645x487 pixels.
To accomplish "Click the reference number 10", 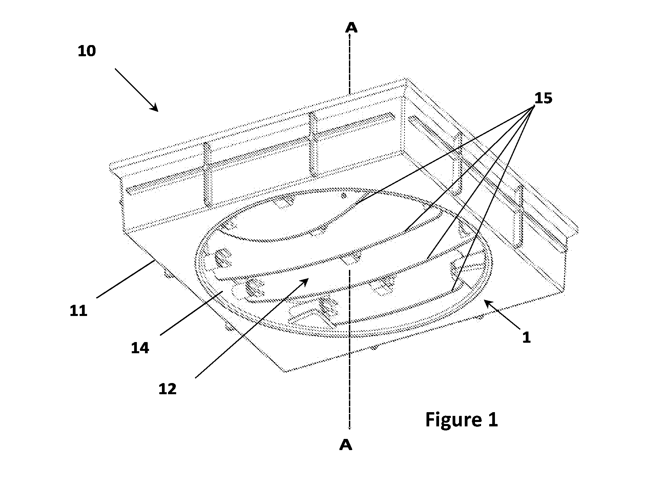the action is pyautogui.click(x=87, y=51).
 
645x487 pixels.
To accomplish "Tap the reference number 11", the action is pyautogui.click(x=79, y=311).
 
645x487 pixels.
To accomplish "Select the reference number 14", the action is pyautogui.click(x=140, y=348).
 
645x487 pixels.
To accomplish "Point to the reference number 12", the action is pyautogui.click(x=168, y=389).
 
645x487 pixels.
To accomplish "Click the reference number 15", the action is pyautogui.click(x=543, y=98).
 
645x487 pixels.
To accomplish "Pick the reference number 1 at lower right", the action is pyautogui.click(x=526, y=338).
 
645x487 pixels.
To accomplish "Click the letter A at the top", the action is pyautogui.click(x=351, y=27).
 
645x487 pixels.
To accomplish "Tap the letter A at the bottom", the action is pyautogui.click(x=346, y=445).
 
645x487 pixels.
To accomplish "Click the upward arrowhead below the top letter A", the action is pyautogui.click(x=350, y=36).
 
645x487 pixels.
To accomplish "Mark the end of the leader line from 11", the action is pyautogui.click(x=155, y=260).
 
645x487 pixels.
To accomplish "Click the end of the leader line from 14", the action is pyautogui.click(x=222, y=291).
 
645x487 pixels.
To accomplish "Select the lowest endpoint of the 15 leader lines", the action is pyautogui.click(x=452, y=291).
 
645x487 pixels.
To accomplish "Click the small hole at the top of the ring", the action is pyautogui.click(x=344, y=195).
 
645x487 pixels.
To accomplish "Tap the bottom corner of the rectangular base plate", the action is pyautogui.click(x=286, y=372).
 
